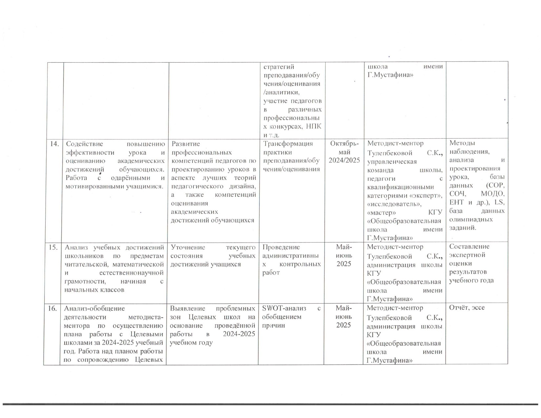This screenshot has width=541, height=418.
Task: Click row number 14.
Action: tap(53, 143)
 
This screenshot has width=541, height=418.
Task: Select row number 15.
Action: tap(53, 247)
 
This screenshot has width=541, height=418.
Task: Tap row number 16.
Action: tap(53, 308)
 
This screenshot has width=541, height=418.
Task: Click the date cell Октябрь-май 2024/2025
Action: tap(344, 152)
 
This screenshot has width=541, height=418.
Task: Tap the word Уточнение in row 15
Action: tap(188, 247)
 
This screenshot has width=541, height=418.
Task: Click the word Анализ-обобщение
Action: tap(94, 308)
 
